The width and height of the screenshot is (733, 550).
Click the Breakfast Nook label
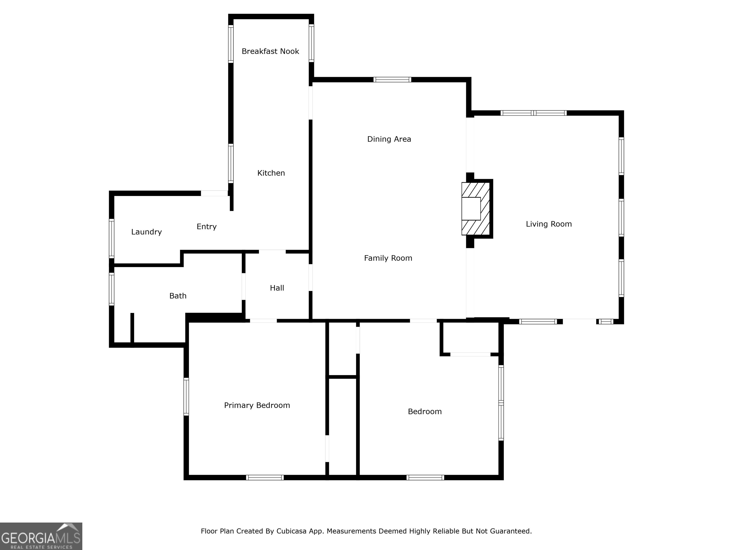point(270,51)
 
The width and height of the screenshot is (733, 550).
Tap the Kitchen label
point(271,173)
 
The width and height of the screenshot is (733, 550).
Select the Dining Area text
point(389,139)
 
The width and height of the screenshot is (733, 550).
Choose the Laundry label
point(147,232)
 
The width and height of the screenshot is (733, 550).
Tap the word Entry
point(206,227)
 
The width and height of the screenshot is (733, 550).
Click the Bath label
point(178,296)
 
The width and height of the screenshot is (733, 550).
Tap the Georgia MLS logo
point(41,536)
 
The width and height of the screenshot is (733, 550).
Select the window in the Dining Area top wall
point(392,79)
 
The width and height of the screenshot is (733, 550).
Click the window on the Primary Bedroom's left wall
point(186,397)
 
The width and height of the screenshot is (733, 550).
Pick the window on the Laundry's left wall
point(112,238)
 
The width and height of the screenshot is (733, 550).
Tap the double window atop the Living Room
point(533,113)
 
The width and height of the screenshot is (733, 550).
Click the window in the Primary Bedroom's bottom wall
point(265,478)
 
